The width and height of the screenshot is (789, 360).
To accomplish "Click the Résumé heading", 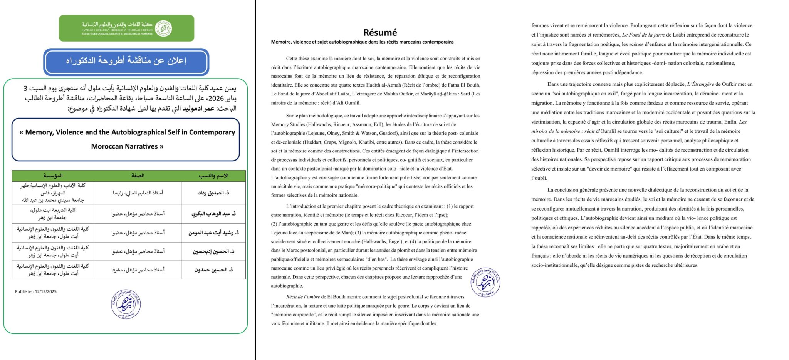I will (x=380, y=32).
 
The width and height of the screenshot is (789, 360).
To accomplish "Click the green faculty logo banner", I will (x=126, y=28).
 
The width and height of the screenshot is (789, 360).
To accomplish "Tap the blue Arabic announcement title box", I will (x=126, y=62).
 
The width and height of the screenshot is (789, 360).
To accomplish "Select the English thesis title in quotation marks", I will (x=127, y=139).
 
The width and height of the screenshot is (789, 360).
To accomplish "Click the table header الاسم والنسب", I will (x=213, y=176).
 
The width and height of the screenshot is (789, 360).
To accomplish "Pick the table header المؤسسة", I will (x=53, y=176).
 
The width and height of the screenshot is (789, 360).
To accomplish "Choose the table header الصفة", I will (x=138, y=176).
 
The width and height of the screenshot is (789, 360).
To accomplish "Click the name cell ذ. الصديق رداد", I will (x=213, y=193).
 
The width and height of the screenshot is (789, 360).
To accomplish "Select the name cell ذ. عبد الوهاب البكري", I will (x=213, y=214).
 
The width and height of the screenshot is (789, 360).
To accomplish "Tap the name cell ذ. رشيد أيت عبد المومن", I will (x=213, y=233).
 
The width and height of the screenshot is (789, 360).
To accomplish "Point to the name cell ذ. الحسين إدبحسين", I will (x=213, y=251).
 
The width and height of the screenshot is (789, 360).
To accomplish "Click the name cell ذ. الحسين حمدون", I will (x=213, y=270).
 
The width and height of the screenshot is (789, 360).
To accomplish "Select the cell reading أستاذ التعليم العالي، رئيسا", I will (x=138, y=193).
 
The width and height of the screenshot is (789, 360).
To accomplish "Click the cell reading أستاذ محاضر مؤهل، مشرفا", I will (x=138, y=270).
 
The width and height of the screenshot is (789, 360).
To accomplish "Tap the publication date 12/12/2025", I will (x=45, y=292).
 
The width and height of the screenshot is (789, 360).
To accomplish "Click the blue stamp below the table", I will (x=126, y=304).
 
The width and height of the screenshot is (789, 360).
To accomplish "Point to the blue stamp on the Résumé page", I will (x=485, y=282).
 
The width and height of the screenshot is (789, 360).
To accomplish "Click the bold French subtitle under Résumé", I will (x=362, y=42).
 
